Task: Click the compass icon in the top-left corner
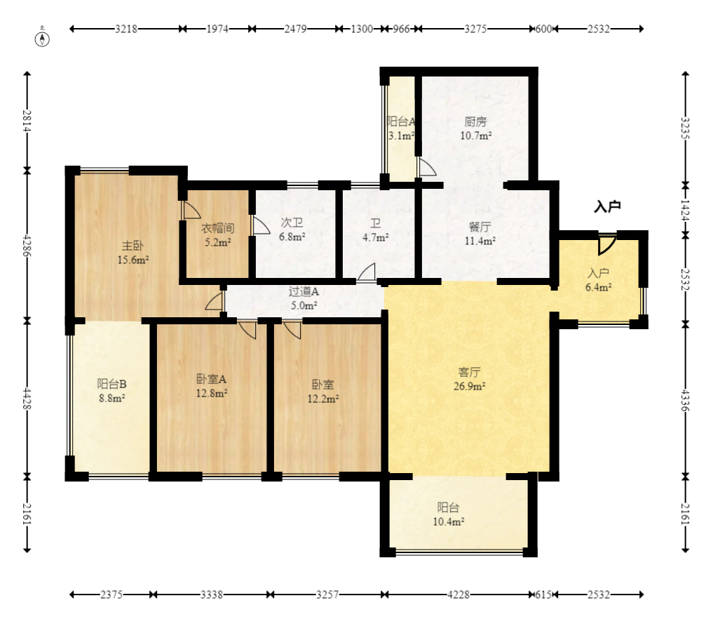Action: pyautogui.click(x=42, y=39)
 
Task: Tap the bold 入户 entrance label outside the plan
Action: pyautogui.click(x=607, y=206)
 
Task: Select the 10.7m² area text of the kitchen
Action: pyautogui.click(x=475, y=135)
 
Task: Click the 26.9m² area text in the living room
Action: pyautogui.click(x=469, y=387)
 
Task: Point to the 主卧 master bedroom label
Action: pyautogui.click(x=133, y=246)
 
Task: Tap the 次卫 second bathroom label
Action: pyautogui.click(x=292, y=223)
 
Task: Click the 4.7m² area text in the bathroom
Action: pyautogui.click(x=375, y=237)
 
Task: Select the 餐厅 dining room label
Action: pyautogui.click(x=480, y=227)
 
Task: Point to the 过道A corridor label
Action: pyautogui.click(x=304, y=291)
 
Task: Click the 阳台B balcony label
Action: pyautogui.click(x=112, y=384)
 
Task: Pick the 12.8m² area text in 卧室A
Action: pyautogui.click(x=212, y=393)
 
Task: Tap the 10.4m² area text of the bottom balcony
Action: pyautogui.click(x=449, y=522)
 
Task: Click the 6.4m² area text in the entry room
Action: pyautogui.click(x=598, y=287)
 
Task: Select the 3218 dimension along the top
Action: pyautogui.click(x=126, y=29)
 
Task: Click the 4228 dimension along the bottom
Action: pyautogui.click(x=459, y=595)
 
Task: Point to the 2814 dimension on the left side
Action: pyautogui.click(x=27, y=121)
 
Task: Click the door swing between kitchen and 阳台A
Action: pyautogui.click(x=427, y=167)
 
